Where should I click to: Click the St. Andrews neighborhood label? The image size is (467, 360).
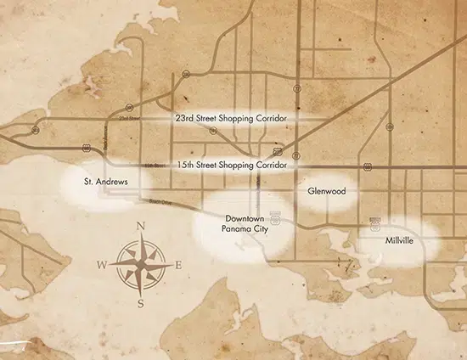point(106,182)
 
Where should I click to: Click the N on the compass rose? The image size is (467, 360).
point(141,226)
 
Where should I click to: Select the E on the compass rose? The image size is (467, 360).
point(178,265)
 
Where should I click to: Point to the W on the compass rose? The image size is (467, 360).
point(102,265)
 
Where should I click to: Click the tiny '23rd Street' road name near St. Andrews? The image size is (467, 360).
point(127,118)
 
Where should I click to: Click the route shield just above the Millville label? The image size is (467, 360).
point(374,225)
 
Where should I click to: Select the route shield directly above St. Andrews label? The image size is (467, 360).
point(87,147)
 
